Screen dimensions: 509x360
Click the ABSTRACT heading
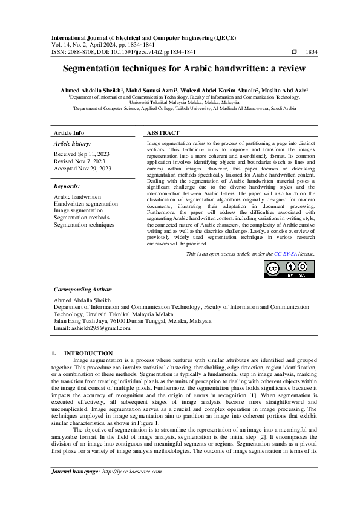[163, 132]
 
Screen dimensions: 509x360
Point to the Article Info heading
[70, 132]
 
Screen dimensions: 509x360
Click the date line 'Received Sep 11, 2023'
[81, 154]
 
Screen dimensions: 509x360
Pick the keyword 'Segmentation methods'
[82, 218]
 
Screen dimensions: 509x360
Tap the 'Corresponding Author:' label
[83, 290]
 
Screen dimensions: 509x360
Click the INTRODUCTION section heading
[88, 353]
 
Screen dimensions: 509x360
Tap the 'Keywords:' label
[67, 187]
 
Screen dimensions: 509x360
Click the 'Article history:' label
[73, 144]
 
